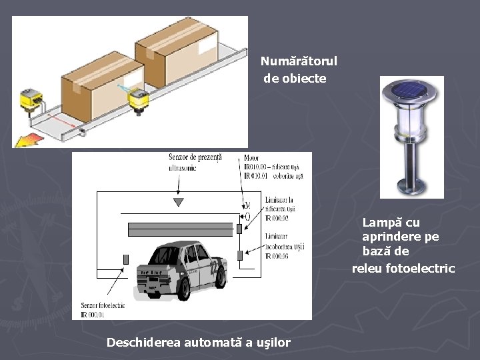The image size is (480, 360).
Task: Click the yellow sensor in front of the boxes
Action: coord(139,99)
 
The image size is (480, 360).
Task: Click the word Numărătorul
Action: coord(299,61)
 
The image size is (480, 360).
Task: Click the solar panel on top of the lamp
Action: coord(411,90)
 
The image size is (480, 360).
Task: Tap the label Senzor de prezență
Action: coord(195,158)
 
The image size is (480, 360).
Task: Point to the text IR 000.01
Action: coord(95,314)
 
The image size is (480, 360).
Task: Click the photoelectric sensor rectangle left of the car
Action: coord(125,259)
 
